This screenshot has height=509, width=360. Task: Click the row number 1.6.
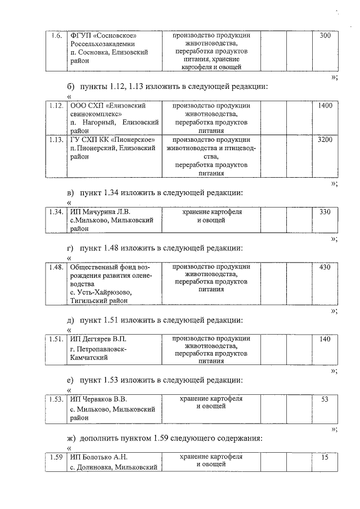[x=55, y=36]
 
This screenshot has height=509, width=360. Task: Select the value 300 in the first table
[x=325, y=36]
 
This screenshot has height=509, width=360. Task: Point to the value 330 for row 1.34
[x=325, y=212]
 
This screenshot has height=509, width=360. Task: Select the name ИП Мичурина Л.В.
[x=100, y=212]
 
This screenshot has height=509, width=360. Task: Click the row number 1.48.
[x=55, y=267]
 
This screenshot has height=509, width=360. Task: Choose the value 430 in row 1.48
[x=325, y=267]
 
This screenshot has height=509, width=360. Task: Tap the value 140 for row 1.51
[x=325, y=339]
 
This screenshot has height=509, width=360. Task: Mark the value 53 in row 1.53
[x=325, y=399]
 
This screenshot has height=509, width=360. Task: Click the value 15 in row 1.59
[x=325, y=457]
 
